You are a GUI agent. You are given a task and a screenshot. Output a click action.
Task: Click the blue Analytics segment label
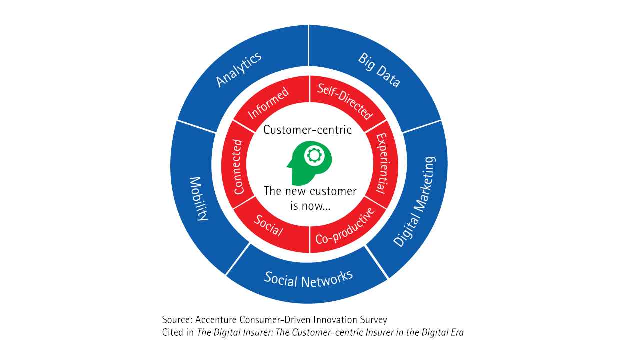(238, 70)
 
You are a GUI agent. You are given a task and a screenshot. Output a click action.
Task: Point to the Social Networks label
(309, 278)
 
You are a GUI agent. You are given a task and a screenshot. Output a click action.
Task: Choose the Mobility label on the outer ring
(198, 198)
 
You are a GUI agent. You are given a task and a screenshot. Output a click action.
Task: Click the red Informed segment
(268, 103)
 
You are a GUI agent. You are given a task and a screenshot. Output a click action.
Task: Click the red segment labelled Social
(268, 226)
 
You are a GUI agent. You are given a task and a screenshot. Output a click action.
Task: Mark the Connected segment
(238, 167)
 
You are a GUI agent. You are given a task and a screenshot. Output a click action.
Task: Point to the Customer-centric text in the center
(307, 130)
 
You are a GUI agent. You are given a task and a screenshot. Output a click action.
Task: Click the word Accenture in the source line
(216, 320)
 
